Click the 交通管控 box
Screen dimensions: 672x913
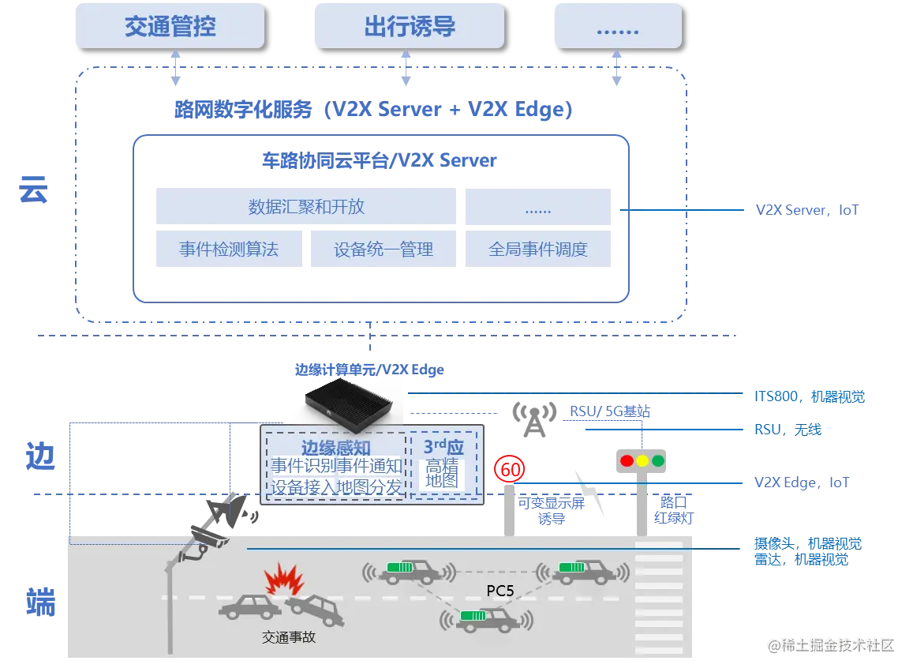pyautogui.click(x=170, y=27)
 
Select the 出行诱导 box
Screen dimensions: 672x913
pyautogui.click(x=409, y=27)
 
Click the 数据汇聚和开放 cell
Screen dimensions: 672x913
pyautogui.click(x=306, y=207)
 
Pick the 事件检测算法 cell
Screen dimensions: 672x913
pyautogui.click(x=228, y=250)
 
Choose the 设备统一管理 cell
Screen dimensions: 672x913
pyautogui.click(x=384, y=250)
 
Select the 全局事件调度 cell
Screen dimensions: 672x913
pyautogui.click(x=538, y=250)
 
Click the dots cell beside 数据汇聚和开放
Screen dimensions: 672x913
pyautogui.click(x=538, y=208)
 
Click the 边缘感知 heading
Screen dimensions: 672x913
pyautogui.click(x=335, y=448)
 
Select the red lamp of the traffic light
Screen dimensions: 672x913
pyautogui.click(x=627, y=460)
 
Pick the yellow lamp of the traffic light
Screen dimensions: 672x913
pyautogui.click(x=642, y=460)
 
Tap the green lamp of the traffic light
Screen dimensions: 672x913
pyautogui.click(x=658, y=460)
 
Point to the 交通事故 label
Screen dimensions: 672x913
pyautogui.click(x=289, y=636)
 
